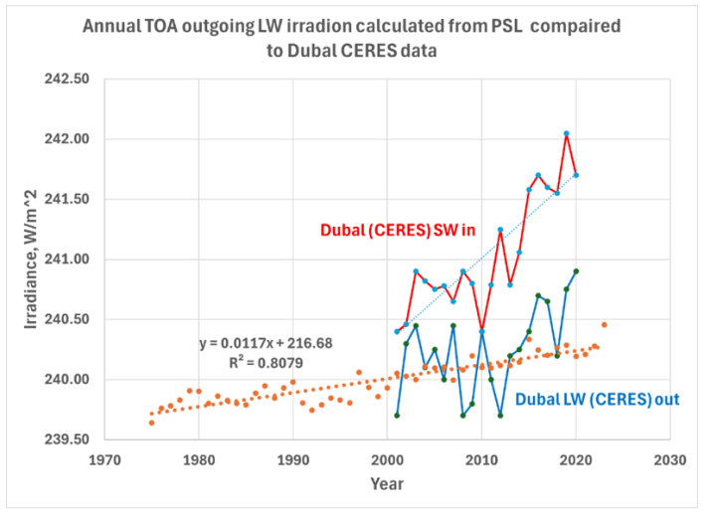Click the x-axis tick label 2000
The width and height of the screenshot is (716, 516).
pos(387,460)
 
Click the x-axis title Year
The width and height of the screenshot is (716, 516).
pos(388,485)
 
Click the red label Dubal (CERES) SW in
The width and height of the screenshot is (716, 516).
pos(398,230)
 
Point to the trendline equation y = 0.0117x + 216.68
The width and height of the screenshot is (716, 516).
pos(256,343)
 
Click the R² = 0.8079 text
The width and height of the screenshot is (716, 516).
pos(256,361)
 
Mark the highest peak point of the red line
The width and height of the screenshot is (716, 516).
pos(567,133)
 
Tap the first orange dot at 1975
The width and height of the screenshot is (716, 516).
pos(151,423)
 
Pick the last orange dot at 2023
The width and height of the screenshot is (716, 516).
pos(604,324)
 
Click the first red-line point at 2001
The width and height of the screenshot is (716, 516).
pos(397,331)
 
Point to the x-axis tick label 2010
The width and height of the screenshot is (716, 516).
pos(481,460)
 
